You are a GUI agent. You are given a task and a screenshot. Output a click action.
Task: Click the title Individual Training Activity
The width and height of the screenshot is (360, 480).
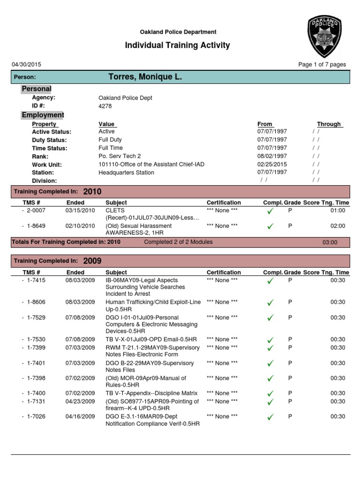(177, 45)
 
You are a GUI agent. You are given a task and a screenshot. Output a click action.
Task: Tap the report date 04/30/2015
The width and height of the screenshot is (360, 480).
(26, 65)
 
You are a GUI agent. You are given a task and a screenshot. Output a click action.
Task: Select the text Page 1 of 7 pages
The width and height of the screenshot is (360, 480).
(322, 65)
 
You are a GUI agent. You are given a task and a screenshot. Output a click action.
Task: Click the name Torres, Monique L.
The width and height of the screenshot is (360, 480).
(145, 77)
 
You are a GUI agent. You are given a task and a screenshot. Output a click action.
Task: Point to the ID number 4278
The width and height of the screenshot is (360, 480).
(105, 106)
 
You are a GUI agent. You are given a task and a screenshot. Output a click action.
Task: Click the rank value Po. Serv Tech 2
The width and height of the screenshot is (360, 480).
(120, 156)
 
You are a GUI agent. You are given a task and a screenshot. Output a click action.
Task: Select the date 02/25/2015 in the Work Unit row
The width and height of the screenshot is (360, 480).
(272, 165)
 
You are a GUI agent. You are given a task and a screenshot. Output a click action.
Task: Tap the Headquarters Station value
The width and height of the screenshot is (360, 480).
(126, 172)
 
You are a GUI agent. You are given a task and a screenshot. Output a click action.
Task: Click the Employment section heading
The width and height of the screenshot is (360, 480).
(43, 115)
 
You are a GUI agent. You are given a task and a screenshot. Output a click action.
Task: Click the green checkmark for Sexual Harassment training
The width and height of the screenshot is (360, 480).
(270, 226)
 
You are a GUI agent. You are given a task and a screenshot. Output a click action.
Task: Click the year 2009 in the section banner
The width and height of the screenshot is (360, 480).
(92, 261)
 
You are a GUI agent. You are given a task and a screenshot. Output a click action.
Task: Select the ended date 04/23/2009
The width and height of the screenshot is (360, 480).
(80, 401)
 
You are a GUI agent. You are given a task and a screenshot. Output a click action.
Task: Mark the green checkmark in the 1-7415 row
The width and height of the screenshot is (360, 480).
(270, 281)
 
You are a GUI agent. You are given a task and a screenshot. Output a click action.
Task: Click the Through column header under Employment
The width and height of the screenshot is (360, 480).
(329, 124)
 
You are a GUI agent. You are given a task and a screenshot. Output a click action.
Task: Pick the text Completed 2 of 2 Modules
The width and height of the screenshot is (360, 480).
(178, 242)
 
